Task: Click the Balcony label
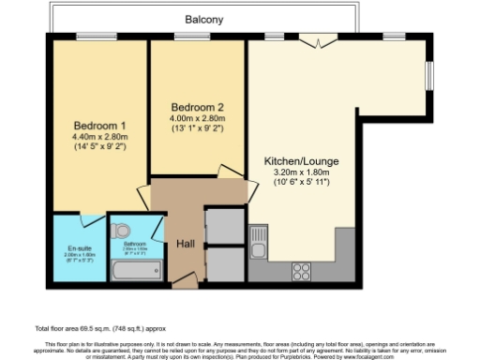(x=204, y=18)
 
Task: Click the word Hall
(x=185, y=243)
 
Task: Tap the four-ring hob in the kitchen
(x=303, y=272)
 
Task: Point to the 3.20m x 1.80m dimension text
(x=299, y=173)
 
